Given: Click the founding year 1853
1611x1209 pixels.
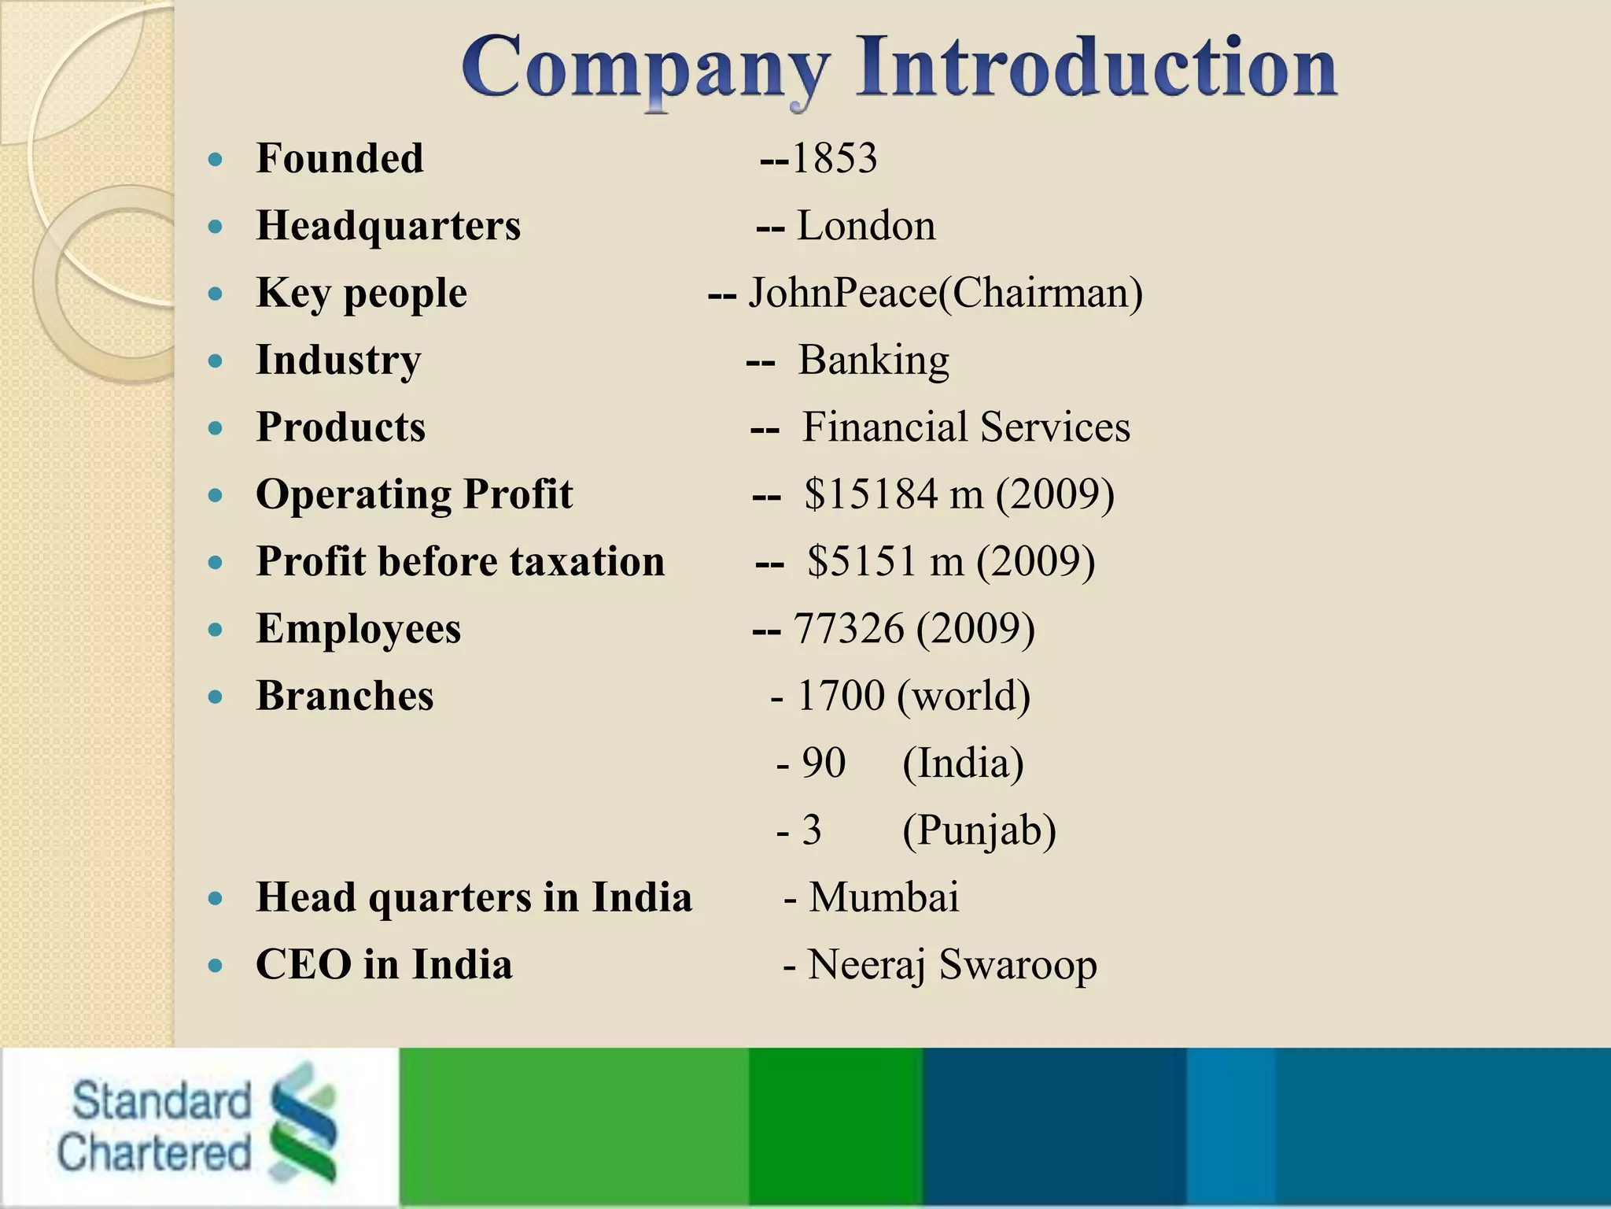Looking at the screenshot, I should (x=834, y=158).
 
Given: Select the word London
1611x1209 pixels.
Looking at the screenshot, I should (x=866, y=226).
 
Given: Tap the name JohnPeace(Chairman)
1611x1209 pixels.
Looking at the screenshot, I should (x=945, y=293).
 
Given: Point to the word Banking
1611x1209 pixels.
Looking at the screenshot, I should (x=873, y=360).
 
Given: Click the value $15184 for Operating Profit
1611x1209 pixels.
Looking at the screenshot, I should (x=871, y=494).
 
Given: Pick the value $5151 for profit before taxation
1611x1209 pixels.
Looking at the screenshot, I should (x=863, y=562).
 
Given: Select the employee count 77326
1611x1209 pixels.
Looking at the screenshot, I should (x=849, y=629).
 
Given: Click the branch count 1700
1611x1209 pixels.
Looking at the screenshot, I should (x=841, y=696).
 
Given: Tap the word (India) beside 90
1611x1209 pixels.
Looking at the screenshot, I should (x=963, y=763).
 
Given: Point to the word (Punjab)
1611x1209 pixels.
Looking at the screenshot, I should (x=979, y=830).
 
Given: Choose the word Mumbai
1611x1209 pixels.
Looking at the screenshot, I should (x=884, y=897).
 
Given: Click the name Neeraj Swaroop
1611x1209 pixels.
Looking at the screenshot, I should (x=952, y=965).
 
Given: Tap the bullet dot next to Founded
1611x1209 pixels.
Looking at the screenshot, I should (x=216, y=161).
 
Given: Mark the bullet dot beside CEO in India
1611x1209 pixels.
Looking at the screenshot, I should (x=216, y=967).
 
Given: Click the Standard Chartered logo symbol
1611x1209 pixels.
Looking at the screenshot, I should (x=302, y=1121).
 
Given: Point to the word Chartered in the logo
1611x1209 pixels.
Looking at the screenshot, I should (x=154, y=1152).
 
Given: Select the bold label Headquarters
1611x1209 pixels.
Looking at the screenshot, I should (x=389, y=226).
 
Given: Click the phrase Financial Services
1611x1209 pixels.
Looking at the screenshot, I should (x=966, y=427).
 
